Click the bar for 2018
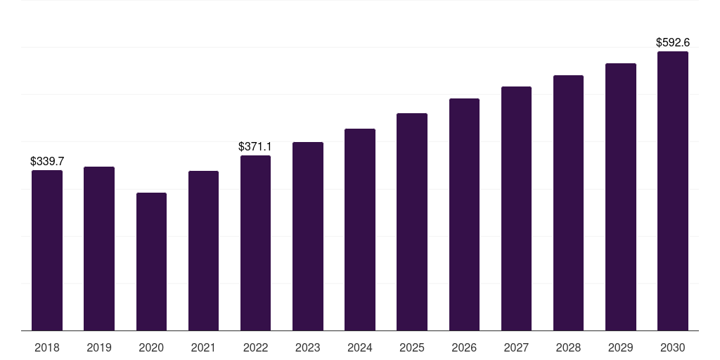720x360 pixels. pos(47,250)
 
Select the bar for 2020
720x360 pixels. pos(152,262)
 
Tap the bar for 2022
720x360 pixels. pos(255,243)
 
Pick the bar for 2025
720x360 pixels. pos(412,221)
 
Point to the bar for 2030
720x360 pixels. pos(673,191)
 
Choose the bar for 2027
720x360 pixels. pos(516,208)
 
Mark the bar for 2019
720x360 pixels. pos(99,248)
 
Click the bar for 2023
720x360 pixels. pos(308,236)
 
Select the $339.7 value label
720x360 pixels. pos(47,161)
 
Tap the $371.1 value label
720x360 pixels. pos(255,146)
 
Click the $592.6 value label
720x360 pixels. pos(673,43)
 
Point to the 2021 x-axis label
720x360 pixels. pos(203,347)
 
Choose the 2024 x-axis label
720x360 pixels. pos(359,347)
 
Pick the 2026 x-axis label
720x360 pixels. pos(464,347)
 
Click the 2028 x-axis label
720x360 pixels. pos(568,347)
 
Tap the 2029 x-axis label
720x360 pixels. pos(620,347)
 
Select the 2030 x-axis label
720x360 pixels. pos(673,347)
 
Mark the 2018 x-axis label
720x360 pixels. pos(47,347)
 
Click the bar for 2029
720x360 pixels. pos(621,197)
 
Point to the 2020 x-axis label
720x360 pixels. pos(151,347)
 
